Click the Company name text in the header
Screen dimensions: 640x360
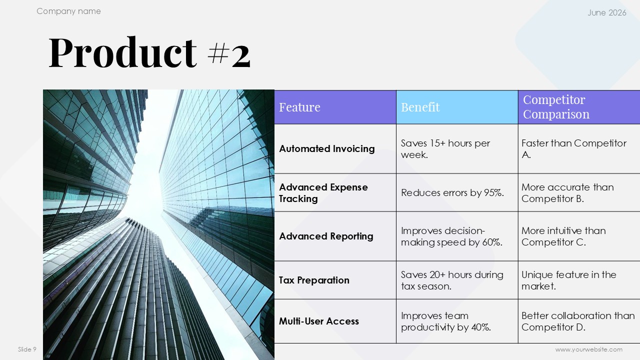[68, 11]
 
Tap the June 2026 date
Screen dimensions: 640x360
[607, 12]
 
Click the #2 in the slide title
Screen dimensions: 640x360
[229, 54]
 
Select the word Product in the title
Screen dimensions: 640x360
[123, 52]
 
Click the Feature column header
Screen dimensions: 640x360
[299, 107]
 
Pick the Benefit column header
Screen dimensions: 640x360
[420, 107]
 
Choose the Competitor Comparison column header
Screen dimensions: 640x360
[556, 107]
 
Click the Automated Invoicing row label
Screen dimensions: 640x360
[327, 149]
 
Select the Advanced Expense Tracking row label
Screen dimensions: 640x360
[323, 193]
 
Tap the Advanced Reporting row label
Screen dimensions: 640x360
[326, 236]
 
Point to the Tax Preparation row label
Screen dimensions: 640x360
[314, 280]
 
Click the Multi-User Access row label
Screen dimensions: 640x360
[319, 321]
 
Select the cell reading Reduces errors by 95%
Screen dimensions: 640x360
[452, 193]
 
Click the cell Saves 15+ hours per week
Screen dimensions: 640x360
[445, 149]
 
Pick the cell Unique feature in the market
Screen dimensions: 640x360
[568, 280]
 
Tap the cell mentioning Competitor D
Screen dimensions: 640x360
[578, 321]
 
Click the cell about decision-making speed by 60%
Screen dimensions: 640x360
[451, 236]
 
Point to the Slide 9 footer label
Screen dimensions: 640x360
[27, 349]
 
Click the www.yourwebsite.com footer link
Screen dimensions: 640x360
[589, 349]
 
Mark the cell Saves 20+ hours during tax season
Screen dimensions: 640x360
[452, 280]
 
